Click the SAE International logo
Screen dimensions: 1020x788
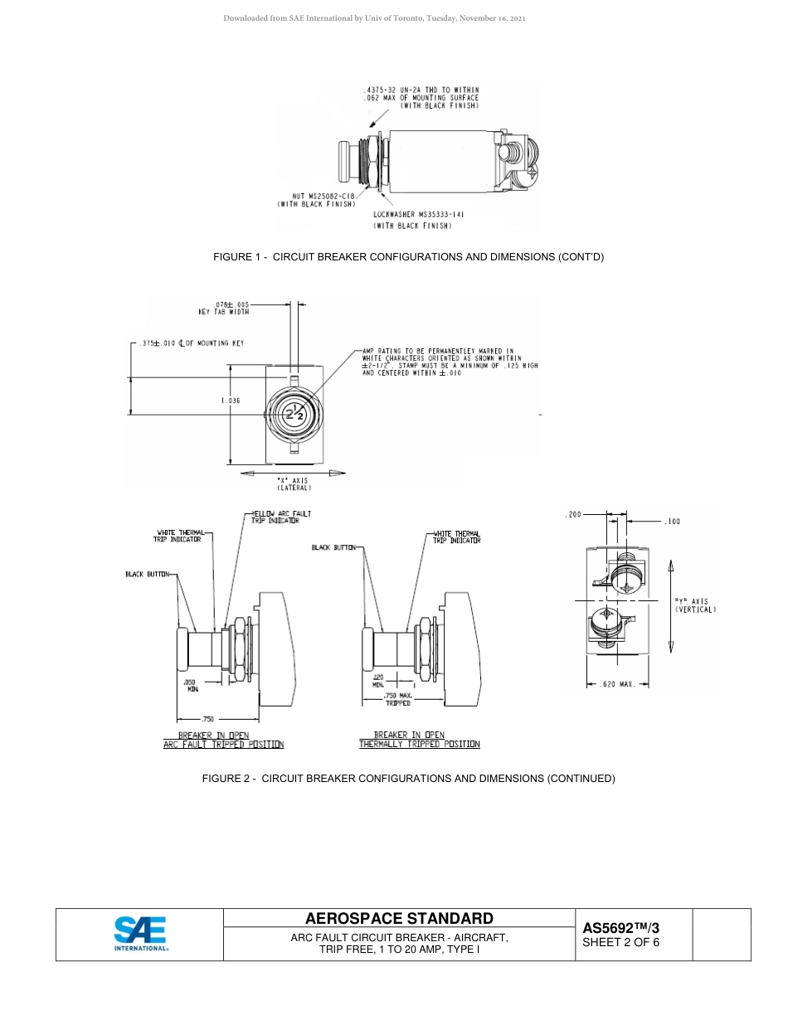[x=140, y=934]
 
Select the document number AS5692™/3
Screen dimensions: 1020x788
[x=620, y=928]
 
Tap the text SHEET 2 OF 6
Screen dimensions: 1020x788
[x=620, y=942]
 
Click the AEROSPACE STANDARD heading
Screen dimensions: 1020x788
[x=399, y=918]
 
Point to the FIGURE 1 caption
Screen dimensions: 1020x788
[x=409, y=257]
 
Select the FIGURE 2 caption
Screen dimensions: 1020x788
[x=409, y=779]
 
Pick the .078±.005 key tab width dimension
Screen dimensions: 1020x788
[x=224, y=308]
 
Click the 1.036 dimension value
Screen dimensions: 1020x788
[x=231, y=401]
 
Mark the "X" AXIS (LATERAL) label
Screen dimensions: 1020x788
[x=292, y=483]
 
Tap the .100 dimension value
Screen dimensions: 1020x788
[x=673, y=522]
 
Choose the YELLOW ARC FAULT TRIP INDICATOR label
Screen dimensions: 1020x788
[x=281, y=517]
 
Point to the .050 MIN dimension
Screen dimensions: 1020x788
[x=191, y=685]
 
